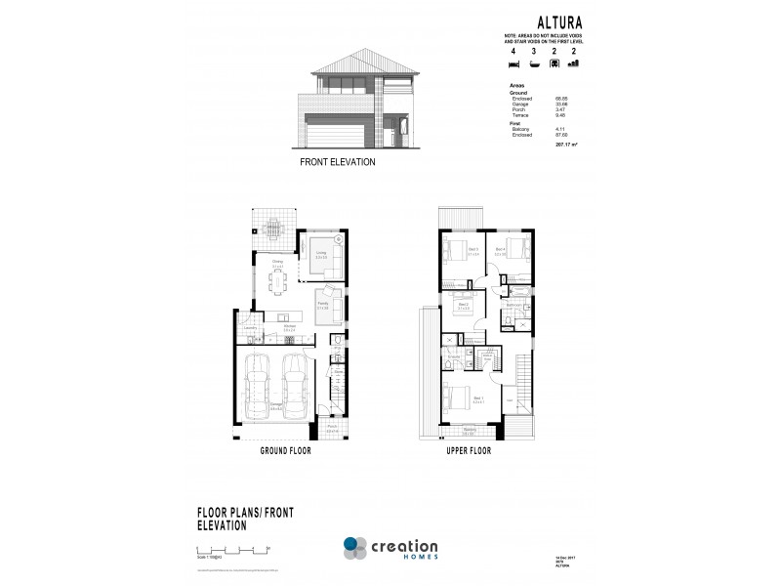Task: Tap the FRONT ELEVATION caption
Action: [337, 163]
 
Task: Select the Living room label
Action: [320, 252]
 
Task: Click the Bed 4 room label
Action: [501, 249]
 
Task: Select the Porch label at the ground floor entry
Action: [333, 426]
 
